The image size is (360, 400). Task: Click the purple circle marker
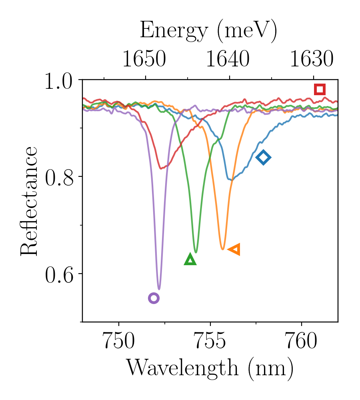(154, 298)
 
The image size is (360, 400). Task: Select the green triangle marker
(191, 260)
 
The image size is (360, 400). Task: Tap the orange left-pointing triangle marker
(234, 250)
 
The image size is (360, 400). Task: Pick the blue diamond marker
(263, 158)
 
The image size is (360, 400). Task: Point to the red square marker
(320, 89)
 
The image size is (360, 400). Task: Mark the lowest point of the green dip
(196, 252)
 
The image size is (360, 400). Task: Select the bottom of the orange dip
(223, 249)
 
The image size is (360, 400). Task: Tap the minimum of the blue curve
(231, 180)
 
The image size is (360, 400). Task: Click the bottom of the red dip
(162, 168)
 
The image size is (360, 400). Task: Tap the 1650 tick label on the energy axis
(144, 60)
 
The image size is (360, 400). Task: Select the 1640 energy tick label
(228, 60)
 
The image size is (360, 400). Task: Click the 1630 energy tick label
(312, 60)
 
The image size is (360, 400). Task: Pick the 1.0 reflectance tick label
(60, 82)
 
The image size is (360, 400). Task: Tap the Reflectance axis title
(29, 201)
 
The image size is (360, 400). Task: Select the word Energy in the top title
(174, 31)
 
